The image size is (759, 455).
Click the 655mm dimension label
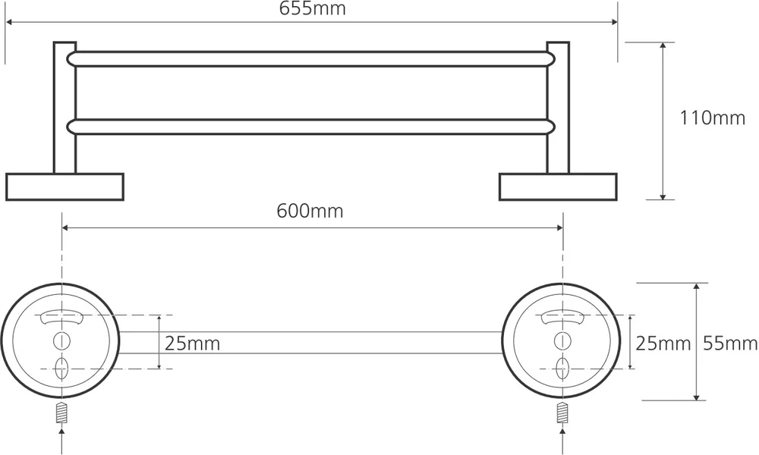tap(312, 8)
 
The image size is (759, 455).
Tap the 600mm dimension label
tap(310, 211)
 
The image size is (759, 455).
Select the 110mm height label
tap(713, 118)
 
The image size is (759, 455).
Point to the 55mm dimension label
tap(730, 344)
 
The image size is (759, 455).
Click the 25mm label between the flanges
tap(192, 344)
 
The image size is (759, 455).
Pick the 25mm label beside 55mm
tap(663, 344)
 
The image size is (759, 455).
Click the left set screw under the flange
tap(61, 413)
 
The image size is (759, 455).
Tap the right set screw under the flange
tap(562, 413)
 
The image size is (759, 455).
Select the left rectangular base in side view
tap(65, 187)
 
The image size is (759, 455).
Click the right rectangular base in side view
tap(558, 187)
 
